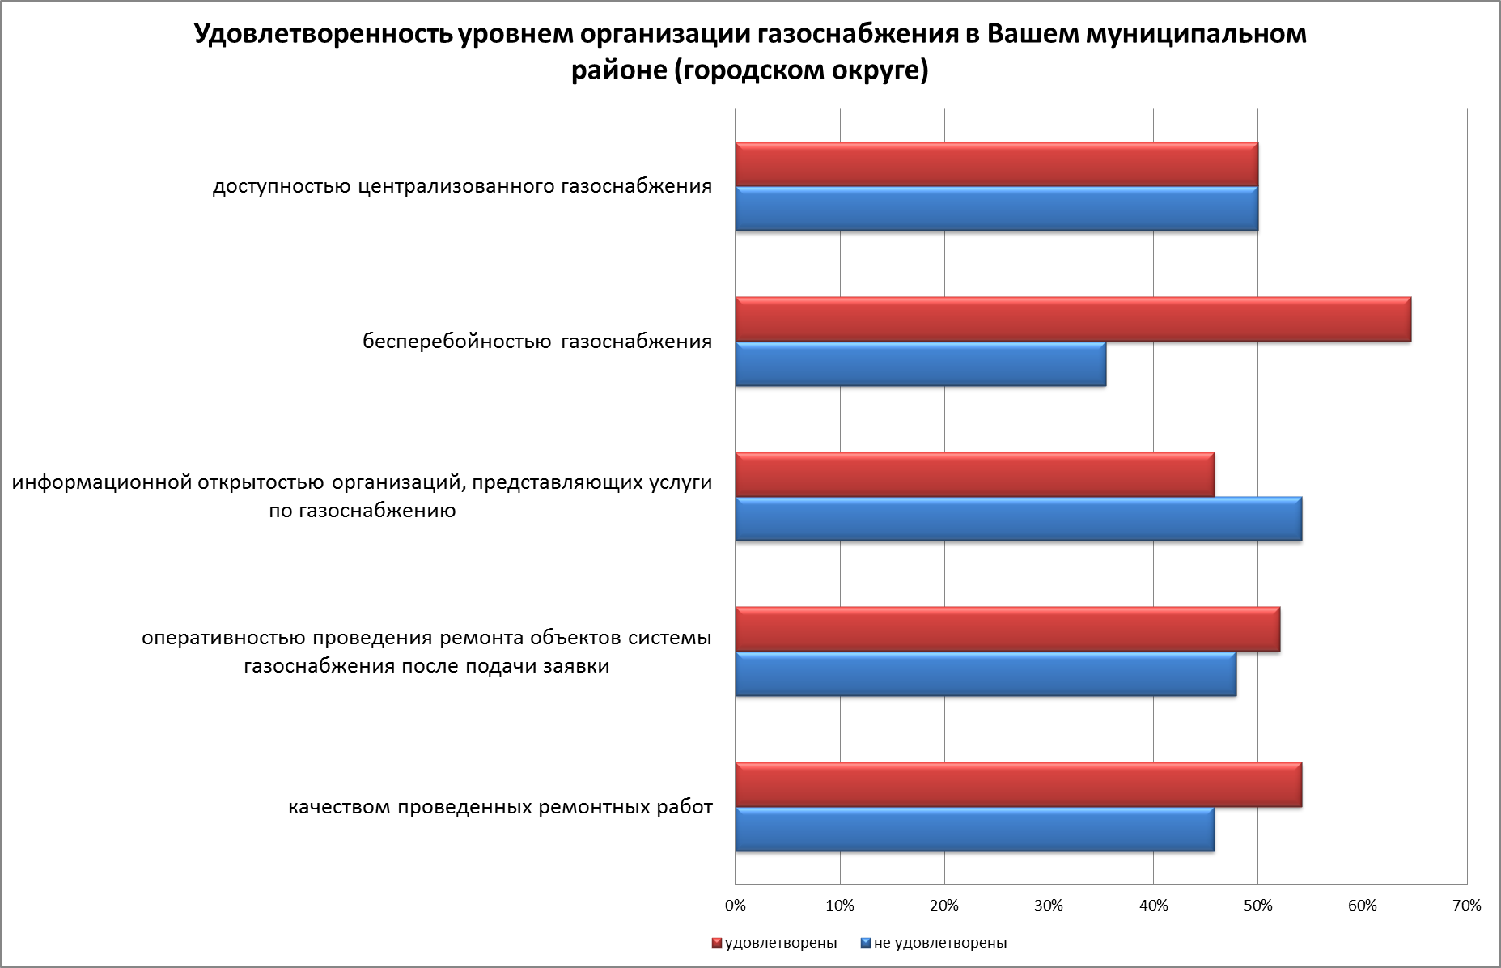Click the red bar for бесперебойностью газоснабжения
(1072, 320)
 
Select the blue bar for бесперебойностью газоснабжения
(920, 364)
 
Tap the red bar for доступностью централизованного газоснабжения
(996, 165)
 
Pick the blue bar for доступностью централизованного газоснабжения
(996, 209)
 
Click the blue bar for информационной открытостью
(1018, 519)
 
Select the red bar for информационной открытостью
(974, 475)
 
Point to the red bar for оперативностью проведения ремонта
(1007, 629)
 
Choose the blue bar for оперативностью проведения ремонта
(985, 673)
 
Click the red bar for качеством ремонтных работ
(1018, 785)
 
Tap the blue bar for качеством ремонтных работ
(974, 829)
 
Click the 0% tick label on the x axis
(736, 906)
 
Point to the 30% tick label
(1049, 906)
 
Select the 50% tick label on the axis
(1257, 906)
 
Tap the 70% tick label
(1466, 906)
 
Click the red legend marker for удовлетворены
(716, 943)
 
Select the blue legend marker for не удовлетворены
(865, 943)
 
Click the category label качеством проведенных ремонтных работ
(500, 807)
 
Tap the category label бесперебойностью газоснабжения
(537, 342)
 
